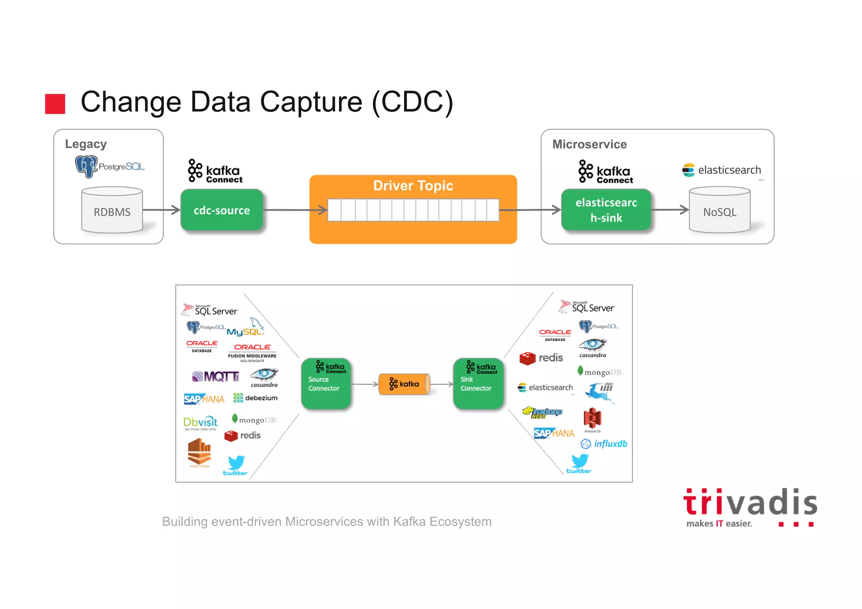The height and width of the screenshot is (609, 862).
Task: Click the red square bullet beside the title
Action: tap(55, 104)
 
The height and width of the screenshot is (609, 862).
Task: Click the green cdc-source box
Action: tap(222, 210)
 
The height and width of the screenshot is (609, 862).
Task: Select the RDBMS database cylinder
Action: tap(112, 210)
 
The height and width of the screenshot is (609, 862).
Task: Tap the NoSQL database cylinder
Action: tap(719, 210)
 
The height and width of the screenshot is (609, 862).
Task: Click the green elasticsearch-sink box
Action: tap(606, 210)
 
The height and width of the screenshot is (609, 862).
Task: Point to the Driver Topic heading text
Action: tap(413, 186)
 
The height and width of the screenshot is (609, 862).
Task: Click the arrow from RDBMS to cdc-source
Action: tap(162, 210)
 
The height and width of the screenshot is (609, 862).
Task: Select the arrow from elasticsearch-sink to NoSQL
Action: tap(670, 210)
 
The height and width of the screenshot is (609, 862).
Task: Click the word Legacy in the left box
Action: tap(86, 144)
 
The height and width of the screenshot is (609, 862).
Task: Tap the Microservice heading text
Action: tap(589, 144)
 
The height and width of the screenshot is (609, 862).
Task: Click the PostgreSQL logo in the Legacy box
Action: tap(109, 166)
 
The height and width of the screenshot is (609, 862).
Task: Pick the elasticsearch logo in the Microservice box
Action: tap(721, 170)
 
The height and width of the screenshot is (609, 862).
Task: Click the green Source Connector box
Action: tap(326, 383)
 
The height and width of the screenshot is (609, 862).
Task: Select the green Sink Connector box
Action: tap(478, 383)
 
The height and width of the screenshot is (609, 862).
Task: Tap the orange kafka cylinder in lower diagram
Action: tap(404, 384)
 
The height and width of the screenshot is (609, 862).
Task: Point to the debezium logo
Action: tap(255, 398)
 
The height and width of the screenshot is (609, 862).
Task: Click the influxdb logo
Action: tap(604, 444)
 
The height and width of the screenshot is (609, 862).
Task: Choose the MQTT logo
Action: tap(215, 376)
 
